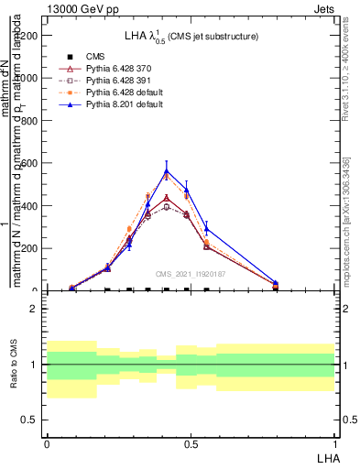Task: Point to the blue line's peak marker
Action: pos(167,171)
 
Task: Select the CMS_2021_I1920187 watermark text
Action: pos(191,274)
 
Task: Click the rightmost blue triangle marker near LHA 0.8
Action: pos(276,283)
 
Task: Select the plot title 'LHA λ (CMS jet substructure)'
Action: pos(191,36)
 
